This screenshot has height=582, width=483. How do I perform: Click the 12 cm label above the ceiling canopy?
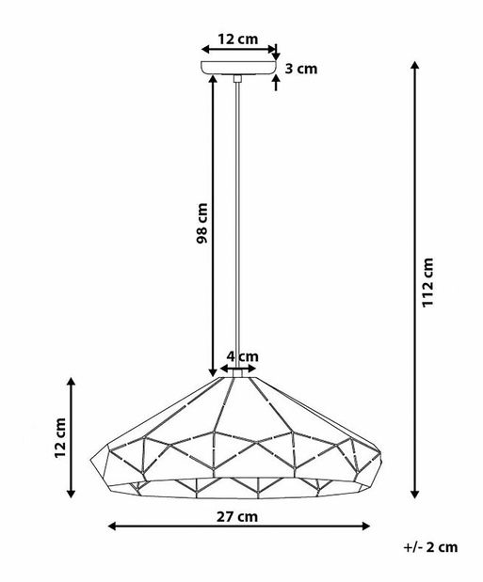tap(237, 39)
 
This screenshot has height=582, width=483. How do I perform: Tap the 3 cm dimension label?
tap(301, 68)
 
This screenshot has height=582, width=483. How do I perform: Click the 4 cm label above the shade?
tap(243, 356)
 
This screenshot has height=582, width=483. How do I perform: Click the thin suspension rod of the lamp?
tap(239, 226)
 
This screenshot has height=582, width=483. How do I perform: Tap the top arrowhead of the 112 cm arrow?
tap(415, 66)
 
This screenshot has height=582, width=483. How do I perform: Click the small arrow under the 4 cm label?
tap(239, 369)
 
